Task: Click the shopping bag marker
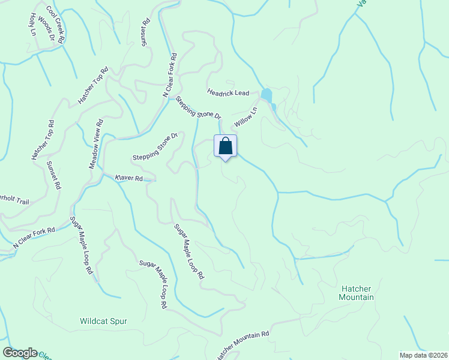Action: tap(225, 146)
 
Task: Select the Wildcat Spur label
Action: tap(103, 321)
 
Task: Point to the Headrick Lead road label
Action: tap(228, 92)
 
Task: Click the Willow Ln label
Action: tap(246, 117)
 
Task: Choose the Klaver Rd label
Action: tap(128, 178)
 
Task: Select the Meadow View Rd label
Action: tap(96, 143)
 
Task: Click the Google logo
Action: tap(20, 353)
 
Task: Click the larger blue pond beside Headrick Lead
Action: tap(266, 95)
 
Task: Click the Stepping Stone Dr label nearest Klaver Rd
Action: tap(155, 147)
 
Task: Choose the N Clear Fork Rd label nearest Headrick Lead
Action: tap(170, 76)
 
